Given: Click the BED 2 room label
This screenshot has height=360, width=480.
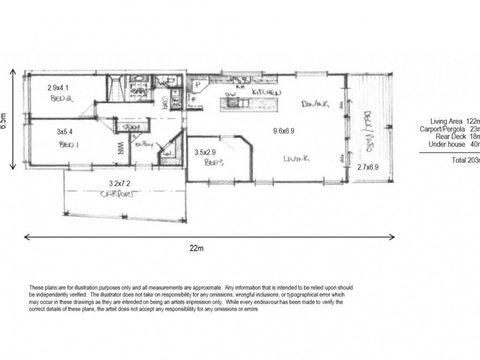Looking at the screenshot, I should tap(61, 100).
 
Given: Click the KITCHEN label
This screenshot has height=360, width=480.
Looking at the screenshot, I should tap(266, 92).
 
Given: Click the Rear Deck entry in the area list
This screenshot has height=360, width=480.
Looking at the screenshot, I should tap(456, 136).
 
